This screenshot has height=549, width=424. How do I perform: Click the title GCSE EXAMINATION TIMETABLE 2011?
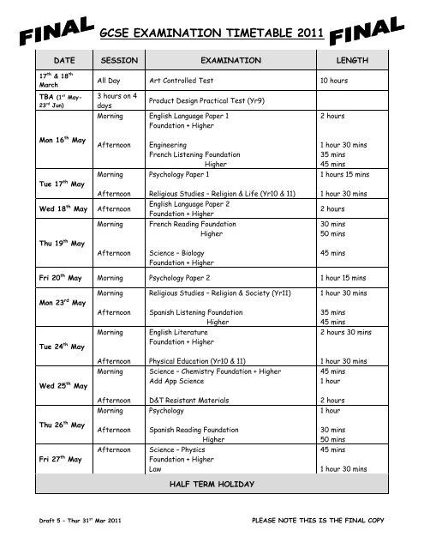211,33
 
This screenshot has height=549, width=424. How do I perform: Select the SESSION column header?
119,63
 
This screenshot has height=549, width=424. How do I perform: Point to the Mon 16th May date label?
63,137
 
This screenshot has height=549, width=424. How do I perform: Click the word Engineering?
170,145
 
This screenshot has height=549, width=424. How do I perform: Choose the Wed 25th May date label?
63,385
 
